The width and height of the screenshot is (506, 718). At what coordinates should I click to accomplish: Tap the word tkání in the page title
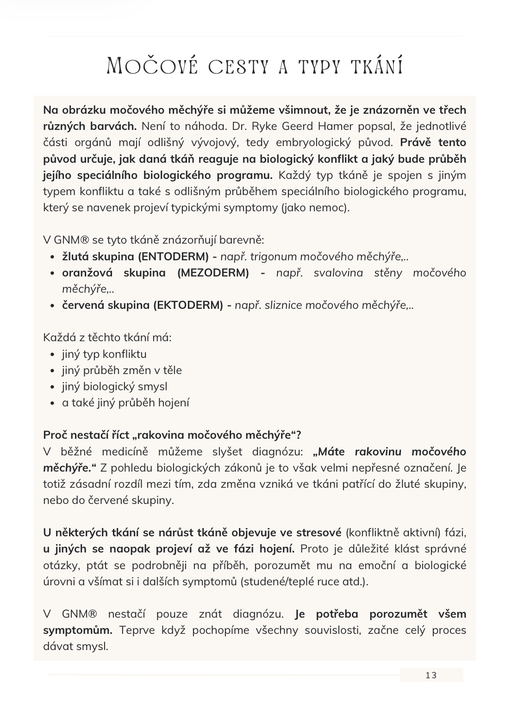click(x=377, y=66)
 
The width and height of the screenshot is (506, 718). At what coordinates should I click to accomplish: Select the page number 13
click(x=431, y=675)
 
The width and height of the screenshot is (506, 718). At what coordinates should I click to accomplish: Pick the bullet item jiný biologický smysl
click(x=114, y=387)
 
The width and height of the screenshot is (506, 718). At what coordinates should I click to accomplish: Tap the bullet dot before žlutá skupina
click(x=52, y=257)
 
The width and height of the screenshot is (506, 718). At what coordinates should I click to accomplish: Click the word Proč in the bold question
click(x=55, y=435)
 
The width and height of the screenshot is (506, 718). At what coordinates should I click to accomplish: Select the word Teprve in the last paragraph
click(x=135, y=630)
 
